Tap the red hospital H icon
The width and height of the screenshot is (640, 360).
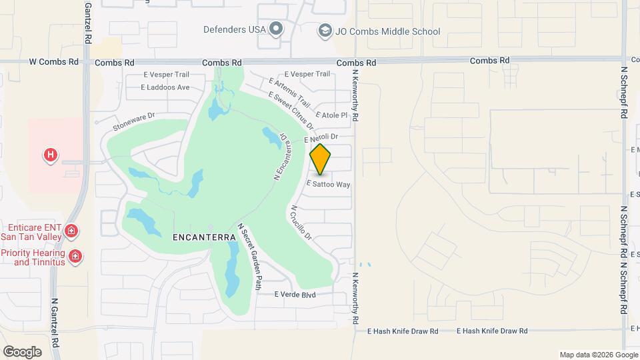[50, 156]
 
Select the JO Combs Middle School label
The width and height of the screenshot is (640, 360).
[387, 31]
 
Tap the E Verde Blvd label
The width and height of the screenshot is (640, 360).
[294, 295]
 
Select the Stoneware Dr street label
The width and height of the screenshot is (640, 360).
[133, 120]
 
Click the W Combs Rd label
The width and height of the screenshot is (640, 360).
[53, 62]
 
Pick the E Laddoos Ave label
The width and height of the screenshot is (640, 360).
[165, 87]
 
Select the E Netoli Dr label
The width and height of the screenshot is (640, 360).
[321, 140]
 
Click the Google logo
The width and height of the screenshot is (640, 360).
[22, 351]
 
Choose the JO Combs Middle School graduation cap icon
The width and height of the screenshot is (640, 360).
[325, 30]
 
